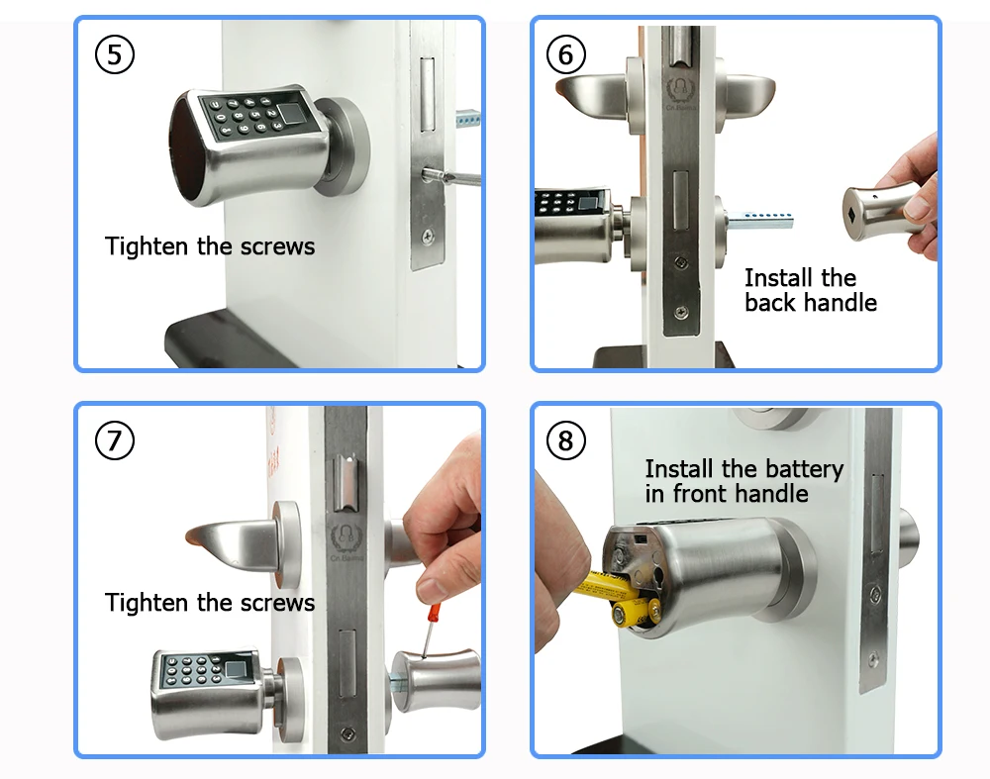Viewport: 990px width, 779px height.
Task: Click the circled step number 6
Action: [x=565, y=55]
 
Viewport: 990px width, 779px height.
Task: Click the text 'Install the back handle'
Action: [x=810, y=290]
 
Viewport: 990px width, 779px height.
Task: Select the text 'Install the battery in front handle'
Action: [x=743, y=480]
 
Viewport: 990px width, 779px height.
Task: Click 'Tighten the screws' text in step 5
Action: [x=210, y=245]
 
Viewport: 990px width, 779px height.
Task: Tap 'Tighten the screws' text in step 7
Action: [x=210, y=602]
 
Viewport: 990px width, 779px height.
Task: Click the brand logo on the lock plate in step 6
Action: [x=680, y=87]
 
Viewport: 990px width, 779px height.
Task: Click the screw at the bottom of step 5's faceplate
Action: [x=427, y=236]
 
